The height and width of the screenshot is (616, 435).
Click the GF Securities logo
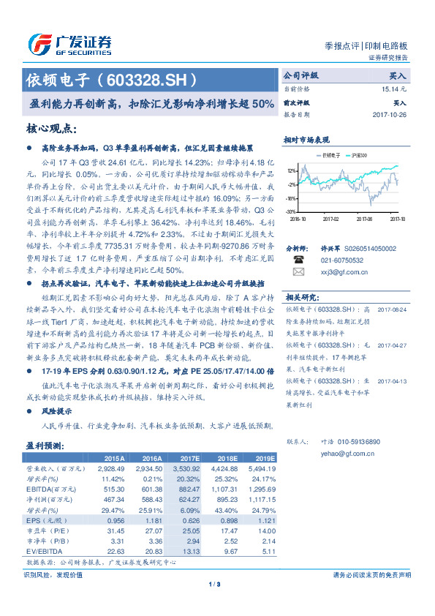(70, 42)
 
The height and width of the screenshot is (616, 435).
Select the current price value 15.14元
(393, 89)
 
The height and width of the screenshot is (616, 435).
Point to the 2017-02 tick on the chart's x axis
(332, 217)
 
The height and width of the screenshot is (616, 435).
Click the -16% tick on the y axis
(291, 198)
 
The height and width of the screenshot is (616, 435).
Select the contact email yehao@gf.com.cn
(333, 452)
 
